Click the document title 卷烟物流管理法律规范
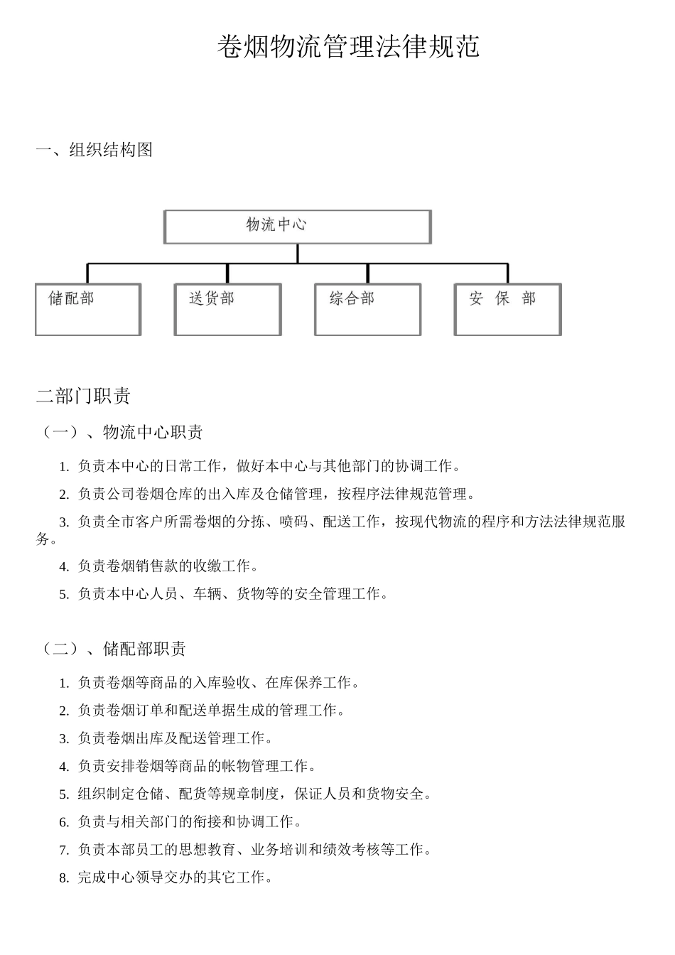[348, 47]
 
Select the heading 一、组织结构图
[94, 150]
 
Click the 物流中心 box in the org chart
[298, 227]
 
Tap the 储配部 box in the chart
[88, 309]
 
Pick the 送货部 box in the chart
[228, 309]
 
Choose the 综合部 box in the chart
[368, 309]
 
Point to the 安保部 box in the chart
[508, 309]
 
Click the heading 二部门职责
[83, 396]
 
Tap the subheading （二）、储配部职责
[114, 649]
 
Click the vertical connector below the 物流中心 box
[298, 254]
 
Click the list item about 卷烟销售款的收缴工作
[168, 566]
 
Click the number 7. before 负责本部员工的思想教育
[64, 850]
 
